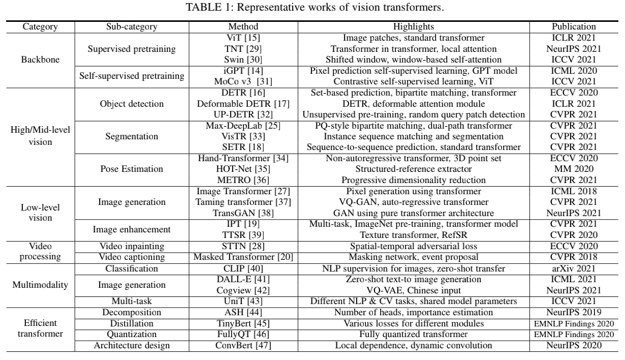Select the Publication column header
point(574,26)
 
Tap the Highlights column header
point(414,26)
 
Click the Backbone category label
point(40,59)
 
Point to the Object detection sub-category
point(132,104)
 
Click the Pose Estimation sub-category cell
point(132,169)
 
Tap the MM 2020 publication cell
point(574,169)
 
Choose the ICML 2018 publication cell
point(574,191)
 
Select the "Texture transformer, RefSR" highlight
point(414,235)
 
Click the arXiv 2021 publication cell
point(574,268)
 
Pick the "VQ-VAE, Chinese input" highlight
point(414,290)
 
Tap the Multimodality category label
point(40,284)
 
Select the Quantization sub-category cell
point(132,334)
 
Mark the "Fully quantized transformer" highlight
point(414,334)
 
